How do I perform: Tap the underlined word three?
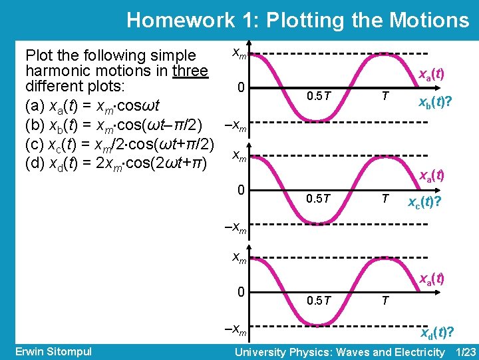190,71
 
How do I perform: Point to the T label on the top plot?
384,95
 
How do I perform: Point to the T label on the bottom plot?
384,301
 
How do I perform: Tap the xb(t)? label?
436,103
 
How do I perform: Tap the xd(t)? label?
437,333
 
